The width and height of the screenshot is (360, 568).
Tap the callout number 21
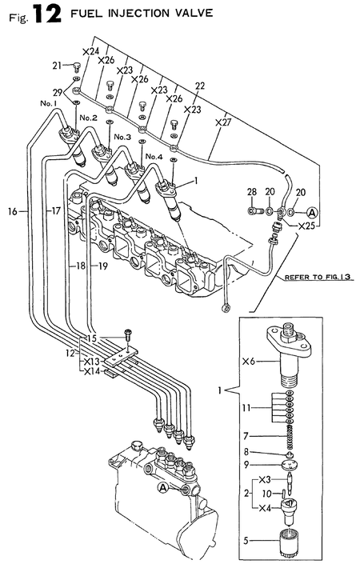[57, 66]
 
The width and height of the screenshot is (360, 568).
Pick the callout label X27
[224, 123]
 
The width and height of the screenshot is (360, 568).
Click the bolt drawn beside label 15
[126, 336]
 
